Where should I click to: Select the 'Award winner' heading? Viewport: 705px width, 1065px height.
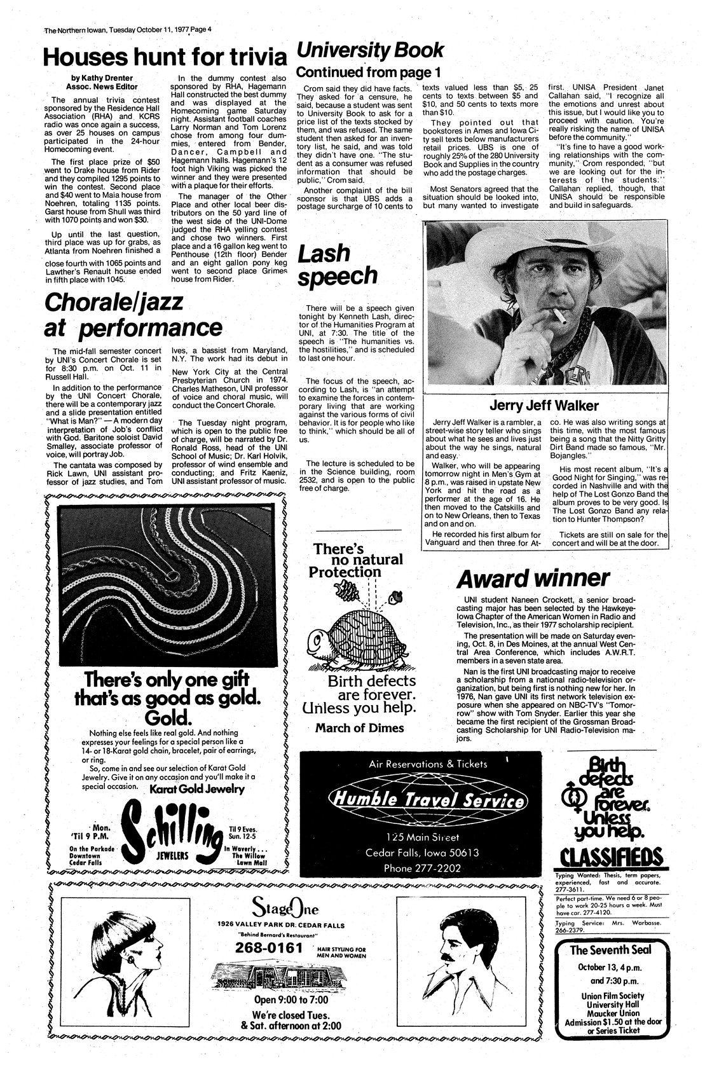pyautogui.click(x=533, y=579)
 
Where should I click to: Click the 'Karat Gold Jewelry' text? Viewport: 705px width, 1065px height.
pyautogui.click(x=197, y=789)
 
